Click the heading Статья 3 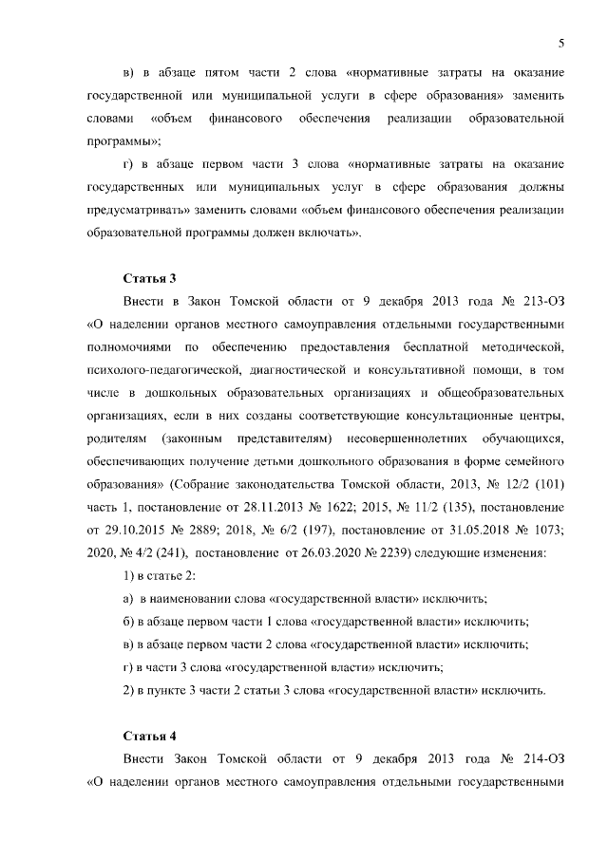[150, 278]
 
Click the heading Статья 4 [150, 736]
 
